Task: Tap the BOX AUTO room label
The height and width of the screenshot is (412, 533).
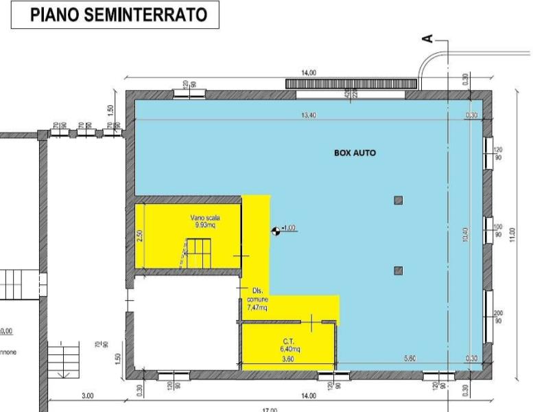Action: pos(355,153)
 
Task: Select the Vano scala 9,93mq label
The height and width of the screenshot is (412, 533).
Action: pos(205,220)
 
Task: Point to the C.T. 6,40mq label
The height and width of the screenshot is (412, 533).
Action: pos(289,345)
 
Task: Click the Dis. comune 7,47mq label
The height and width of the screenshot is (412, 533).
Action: pos(258,299)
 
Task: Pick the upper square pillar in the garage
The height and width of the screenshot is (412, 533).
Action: pos(398,201)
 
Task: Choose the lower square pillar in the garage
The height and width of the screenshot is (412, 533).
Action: pos(398,271)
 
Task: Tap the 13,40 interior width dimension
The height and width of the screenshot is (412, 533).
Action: pos(309,115)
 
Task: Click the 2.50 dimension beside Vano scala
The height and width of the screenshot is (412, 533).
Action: pos(139,234)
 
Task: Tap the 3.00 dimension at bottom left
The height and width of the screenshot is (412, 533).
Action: pos(88,396)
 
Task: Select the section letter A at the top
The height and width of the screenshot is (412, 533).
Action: pos(428,40)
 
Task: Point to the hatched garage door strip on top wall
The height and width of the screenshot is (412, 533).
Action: pos(351,83)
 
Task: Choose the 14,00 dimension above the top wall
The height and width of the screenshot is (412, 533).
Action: pos(309,73)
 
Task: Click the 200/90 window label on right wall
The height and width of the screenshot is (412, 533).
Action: pos(498,317)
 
